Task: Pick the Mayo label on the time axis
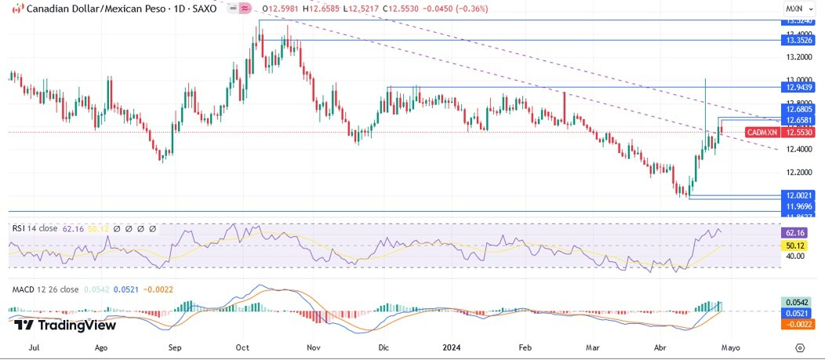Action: (x=729, y=346)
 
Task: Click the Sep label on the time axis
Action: (x=176, y=346)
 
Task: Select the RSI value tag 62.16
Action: (x=795, y=233)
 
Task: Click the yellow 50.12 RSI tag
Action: (x=795, y=245)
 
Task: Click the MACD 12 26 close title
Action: (x=45, y=289)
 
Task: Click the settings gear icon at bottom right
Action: (x=799, y=346)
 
